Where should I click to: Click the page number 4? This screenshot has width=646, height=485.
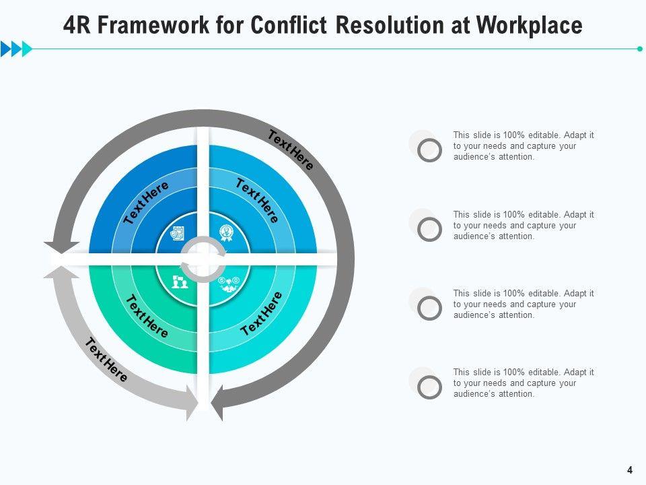[630, 470]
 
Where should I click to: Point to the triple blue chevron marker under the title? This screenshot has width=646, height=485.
[16, 48]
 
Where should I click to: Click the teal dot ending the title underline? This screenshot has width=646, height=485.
[639, 48]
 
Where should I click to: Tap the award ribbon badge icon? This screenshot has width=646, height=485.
[227, 232]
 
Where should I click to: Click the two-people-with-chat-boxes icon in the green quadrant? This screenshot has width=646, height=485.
[180, 282]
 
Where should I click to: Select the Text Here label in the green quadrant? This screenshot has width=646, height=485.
[147, 316]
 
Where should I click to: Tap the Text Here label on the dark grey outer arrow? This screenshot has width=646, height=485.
[291, 150]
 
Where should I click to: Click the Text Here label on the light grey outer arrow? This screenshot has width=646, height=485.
[106, 360]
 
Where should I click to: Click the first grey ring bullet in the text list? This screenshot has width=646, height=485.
[429, 150]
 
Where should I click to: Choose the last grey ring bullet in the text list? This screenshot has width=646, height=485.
[429, 387]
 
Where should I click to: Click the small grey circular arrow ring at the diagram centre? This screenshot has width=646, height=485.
[203, 259]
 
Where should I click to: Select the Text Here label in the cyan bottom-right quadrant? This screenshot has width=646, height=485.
[261, 314]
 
